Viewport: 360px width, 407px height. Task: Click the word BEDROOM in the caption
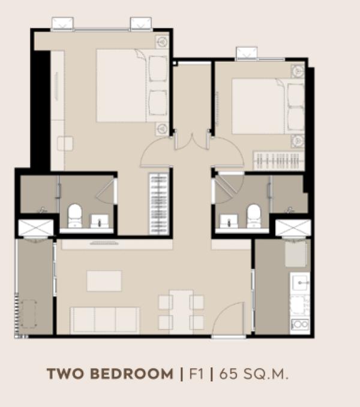click(131, 374)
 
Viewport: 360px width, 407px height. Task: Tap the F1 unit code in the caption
click(196, 374)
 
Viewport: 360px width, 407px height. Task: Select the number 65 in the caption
click(229, 374)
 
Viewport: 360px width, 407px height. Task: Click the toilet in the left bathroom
click(75, 215)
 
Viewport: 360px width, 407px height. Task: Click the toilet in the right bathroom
click(254, 216)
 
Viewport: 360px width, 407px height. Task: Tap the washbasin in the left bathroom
click(99, 221)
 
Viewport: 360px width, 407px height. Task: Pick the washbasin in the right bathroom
click(229, 221)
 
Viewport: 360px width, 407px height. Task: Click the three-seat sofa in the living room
click(105, 320)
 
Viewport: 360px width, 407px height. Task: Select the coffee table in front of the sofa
click(104, 281)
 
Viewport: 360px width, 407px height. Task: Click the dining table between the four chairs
click(181, 312)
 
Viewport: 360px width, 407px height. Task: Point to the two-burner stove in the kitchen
click(300, 324)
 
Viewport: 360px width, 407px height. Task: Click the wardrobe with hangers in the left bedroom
click(158, 204)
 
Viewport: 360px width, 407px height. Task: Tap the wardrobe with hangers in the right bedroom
click(279, 161)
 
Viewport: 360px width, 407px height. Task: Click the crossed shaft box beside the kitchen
click(293, 228)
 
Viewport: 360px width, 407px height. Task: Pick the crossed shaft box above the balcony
click(36, 228)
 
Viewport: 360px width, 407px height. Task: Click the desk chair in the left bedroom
click(65, 143)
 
